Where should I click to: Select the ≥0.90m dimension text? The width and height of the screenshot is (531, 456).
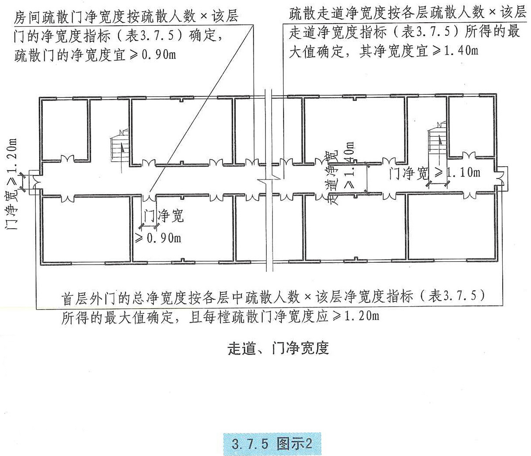(x=158, y=238)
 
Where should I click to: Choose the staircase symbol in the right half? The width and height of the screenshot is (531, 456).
(x=438, y=142)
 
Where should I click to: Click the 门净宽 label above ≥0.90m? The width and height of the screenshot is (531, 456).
(x=163, y=216)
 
